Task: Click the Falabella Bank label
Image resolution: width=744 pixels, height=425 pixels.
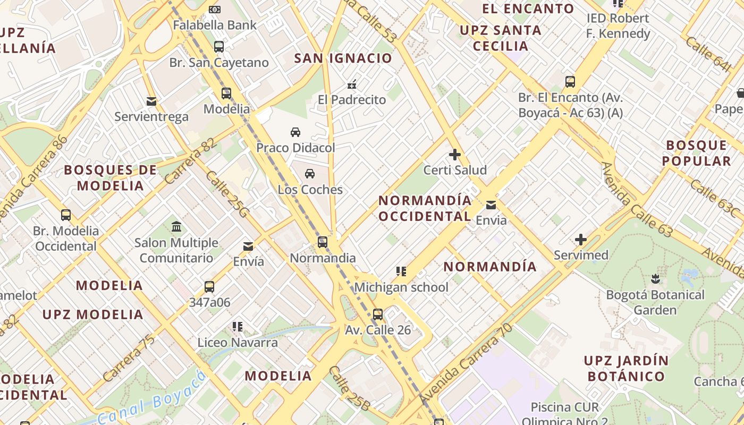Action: pyautogui.click(x=215, y=25)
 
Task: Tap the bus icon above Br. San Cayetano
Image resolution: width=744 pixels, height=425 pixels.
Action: pyautogui.click(x=219, y=46)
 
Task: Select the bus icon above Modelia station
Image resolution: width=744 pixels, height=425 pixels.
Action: pyautogui.click(x=226, y=93)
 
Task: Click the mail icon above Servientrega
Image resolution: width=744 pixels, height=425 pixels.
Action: pyautogui.click(x=151, y=101)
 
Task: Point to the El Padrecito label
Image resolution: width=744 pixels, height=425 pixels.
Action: pyautogui.click(x=352, y=99)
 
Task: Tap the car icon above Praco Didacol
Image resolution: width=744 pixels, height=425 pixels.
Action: pyautogui.click(x=295, y=132)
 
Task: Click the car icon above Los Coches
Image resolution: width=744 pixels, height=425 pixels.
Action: pyautogui.click(x=310, y=173)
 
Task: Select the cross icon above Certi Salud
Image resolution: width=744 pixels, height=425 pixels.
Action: pyautogui.click(x=455, y=155)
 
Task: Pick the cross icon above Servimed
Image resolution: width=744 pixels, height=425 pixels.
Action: pyautogui.click(x=581, y=240)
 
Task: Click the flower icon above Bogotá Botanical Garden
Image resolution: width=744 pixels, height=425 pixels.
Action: pyautogui.click(x=655, y=278)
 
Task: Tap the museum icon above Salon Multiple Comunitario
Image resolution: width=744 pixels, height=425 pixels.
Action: pyautogui.click(x=176, y=227)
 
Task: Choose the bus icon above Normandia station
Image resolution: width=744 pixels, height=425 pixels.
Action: pyautogui.click(x=323, y=242)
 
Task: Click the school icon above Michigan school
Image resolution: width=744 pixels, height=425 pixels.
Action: pyautogui.click(x=401, y=271)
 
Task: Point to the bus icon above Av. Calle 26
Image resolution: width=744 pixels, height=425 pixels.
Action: pyautogui.click(x=378, y=314)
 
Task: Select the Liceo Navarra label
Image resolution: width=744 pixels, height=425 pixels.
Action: pyautogui.click(x=238, y=343)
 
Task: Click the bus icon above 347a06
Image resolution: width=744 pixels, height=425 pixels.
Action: pyautogui.click(x=209, y=287)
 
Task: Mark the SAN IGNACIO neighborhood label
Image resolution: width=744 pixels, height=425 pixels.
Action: pyautogui.click(x=343, y=58)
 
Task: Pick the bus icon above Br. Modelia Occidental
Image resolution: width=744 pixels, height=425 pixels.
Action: pyautogui.click(x=66, y=215)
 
